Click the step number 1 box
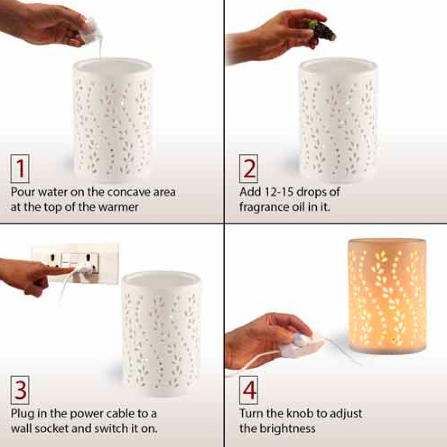(x=20, y=168)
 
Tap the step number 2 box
(x=249, y=168)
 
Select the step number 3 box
(x=20, y=390)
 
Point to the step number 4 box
(x=249, y=390)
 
